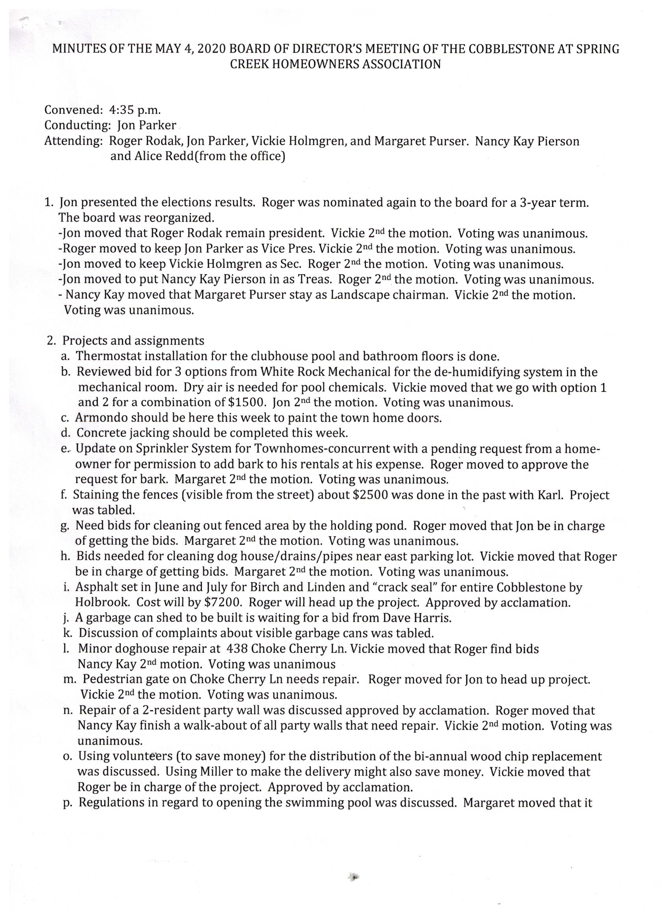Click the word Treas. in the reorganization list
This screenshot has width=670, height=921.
(316, 280)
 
